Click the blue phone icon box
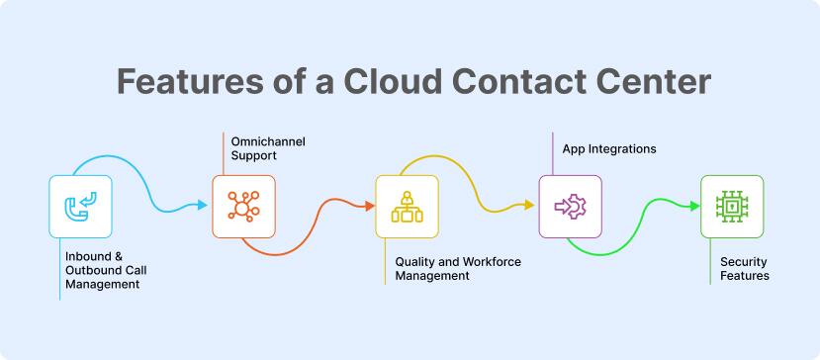click(x=80, y=207)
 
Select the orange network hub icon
click(x=243, y=206)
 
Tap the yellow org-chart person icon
click(x=407, y=207)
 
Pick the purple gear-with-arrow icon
click(x=570, y=206)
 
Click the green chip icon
click(x=732, y=206)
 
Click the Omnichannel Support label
click(x=267, y=149)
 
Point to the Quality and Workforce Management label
click(x=457, y=269)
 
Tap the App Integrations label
click(x=609, y=149)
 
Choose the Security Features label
click(x=744, y=269)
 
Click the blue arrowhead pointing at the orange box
click(x=203, y=206)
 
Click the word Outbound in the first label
click(x=91, y=270)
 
